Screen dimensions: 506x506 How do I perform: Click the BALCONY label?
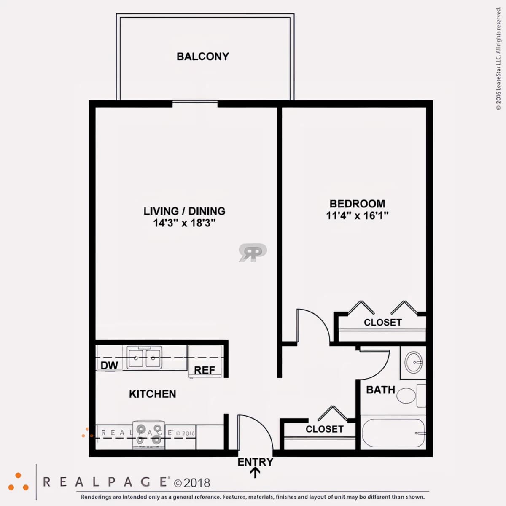pyautogui.click(x=203, y=57)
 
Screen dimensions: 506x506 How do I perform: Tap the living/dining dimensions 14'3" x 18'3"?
pyautogui.click(x=184, y=223)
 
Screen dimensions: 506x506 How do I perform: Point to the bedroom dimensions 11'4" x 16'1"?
pyautogui.click(x=357, y=215)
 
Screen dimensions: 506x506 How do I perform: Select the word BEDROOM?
pyautogui.click(x=357, y=204)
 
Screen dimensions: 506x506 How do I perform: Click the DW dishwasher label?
pyautogui.click(x=109, y=365)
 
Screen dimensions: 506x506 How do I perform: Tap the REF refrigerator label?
pyautogui.click(x=204, y=370)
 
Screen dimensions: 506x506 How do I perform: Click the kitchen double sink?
pyautogui.click(x=145, y=357)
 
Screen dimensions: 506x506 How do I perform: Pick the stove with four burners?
pyautogui.click(x=149, y=435)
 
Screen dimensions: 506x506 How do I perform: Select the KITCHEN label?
pyautogui.click(x=153, y=394)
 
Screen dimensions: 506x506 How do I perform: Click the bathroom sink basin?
pyautogui.click(x=413, y=362)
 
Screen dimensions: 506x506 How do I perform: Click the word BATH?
pyautogui.click(x=380, y=390)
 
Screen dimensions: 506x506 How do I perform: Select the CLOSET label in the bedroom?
pyautogui.click(x=382, y=323)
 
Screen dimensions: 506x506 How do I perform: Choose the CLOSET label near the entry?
pyautogui.click(x=325, y=429)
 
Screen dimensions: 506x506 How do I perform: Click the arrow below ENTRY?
pyautogui.click(x=255, y=473)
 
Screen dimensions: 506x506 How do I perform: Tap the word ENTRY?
pyautogui.click(x=255, y=462)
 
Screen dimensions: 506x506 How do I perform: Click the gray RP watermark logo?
pyautogui.click(x=253, y=252)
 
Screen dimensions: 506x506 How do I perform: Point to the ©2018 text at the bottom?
pyautogui.click(x=192, y=483)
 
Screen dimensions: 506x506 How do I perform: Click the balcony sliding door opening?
pyautogui.click(x=195, y=104)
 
